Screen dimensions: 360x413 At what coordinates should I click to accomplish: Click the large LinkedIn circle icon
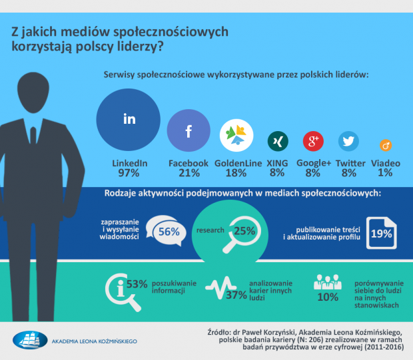129,120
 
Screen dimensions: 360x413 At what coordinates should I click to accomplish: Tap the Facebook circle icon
188,131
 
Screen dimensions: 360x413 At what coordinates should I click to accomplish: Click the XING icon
277,141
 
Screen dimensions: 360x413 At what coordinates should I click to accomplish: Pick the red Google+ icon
312,141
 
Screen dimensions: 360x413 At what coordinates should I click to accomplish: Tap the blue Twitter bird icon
348,141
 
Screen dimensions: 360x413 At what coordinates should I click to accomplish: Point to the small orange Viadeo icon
384,144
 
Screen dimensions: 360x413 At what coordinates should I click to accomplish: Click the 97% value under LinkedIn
129,173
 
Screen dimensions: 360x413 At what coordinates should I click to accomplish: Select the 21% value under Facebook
188,173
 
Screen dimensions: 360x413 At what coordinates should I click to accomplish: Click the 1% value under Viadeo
384,173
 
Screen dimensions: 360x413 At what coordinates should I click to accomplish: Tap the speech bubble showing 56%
165,230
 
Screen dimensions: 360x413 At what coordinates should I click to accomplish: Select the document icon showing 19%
380,233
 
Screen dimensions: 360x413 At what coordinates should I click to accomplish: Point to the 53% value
137,284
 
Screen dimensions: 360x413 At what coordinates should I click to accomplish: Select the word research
208,231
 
